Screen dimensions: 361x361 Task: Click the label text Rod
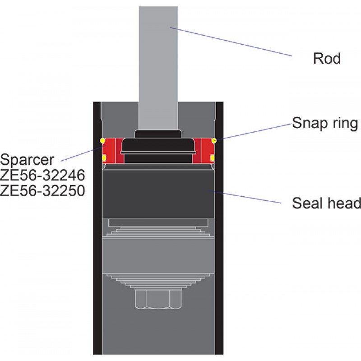327,59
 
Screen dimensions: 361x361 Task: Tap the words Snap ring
325,123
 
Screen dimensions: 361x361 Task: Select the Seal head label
326,203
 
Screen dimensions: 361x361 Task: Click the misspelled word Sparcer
27,160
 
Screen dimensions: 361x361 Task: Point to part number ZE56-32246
42,175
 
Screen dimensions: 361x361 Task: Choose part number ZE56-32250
42,190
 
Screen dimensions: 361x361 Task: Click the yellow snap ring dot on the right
214,140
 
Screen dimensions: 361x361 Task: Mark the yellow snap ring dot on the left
102,140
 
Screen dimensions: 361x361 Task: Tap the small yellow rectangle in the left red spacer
104,157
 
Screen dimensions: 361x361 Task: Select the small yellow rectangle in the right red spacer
212,157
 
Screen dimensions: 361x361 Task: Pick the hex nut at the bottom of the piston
158,298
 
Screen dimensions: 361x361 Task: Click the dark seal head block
158,194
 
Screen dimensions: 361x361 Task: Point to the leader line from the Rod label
231,42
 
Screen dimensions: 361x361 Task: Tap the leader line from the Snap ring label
253,132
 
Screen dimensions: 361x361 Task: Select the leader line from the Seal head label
244,197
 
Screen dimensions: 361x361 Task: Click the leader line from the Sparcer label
83,153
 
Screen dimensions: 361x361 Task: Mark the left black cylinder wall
97,228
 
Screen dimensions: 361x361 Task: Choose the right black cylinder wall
219,228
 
